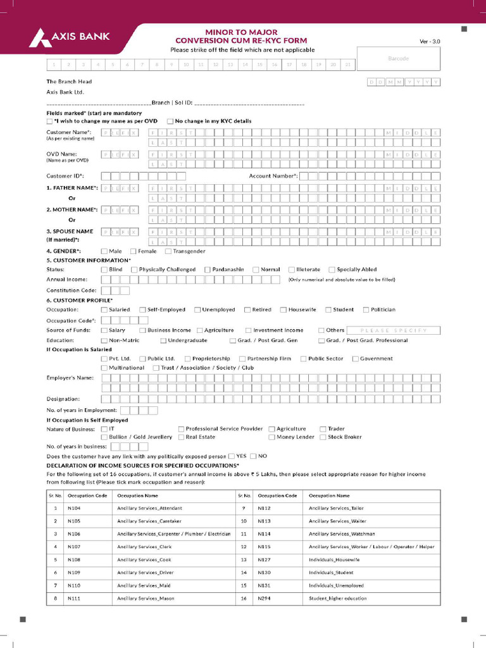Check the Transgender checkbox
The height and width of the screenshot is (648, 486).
(x=168, y=251)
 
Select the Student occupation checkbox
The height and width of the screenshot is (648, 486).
(x=328, y=310)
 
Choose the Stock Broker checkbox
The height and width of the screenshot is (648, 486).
(x=323, y=437)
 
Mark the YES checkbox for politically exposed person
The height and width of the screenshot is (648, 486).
(x=232, y=456)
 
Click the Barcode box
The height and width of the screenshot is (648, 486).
(x=398, y=59)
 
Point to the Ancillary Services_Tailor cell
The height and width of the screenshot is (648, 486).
(x=336, y=508)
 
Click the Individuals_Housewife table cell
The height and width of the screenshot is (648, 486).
(x=334, y=560)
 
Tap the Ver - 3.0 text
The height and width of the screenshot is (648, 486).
(x=430, y=42)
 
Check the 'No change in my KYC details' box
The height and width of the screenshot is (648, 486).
(x=170, y=121)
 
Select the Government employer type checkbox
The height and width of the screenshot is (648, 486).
(x=356, y=359)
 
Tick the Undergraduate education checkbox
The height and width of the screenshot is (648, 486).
(x=163, y=340)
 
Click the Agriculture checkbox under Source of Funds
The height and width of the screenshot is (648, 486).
(x=199, y=330)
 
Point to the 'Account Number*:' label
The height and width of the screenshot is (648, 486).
(x=273, y=176)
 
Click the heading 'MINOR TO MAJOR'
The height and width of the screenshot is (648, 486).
(x=242, y=31)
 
